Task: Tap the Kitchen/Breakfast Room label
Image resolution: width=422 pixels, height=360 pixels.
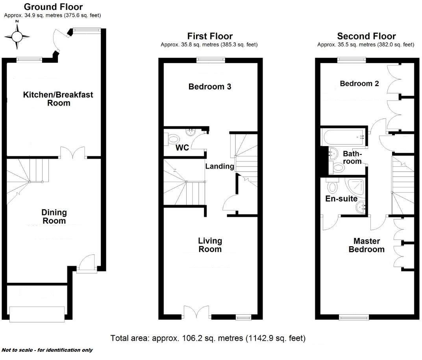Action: tap(58, 99)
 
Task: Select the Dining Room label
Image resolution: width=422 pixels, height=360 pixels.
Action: tap(54, 217)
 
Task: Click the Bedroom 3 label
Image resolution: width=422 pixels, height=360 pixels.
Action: tap(210, 87)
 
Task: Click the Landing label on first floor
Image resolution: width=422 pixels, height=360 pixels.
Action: tap(220, 166)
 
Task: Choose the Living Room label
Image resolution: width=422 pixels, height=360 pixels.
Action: tap(210, 245)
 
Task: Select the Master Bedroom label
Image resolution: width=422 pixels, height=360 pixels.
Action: tap(366, 245)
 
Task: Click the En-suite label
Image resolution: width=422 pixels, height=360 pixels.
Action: tap(341, 199)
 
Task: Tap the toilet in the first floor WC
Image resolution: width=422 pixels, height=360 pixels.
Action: tap(173, 138)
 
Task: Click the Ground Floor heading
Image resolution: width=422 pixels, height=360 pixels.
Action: tap(53, 7)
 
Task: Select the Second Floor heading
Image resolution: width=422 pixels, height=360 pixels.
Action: tap(366, 37)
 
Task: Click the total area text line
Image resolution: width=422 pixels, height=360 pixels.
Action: tap(208, 338)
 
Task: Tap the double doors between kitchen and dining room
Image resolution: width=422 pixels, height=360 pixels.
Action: tap(73, 153)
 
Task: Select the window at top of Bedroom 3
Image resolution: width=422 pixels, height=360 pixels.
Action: tap(211, 60)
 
